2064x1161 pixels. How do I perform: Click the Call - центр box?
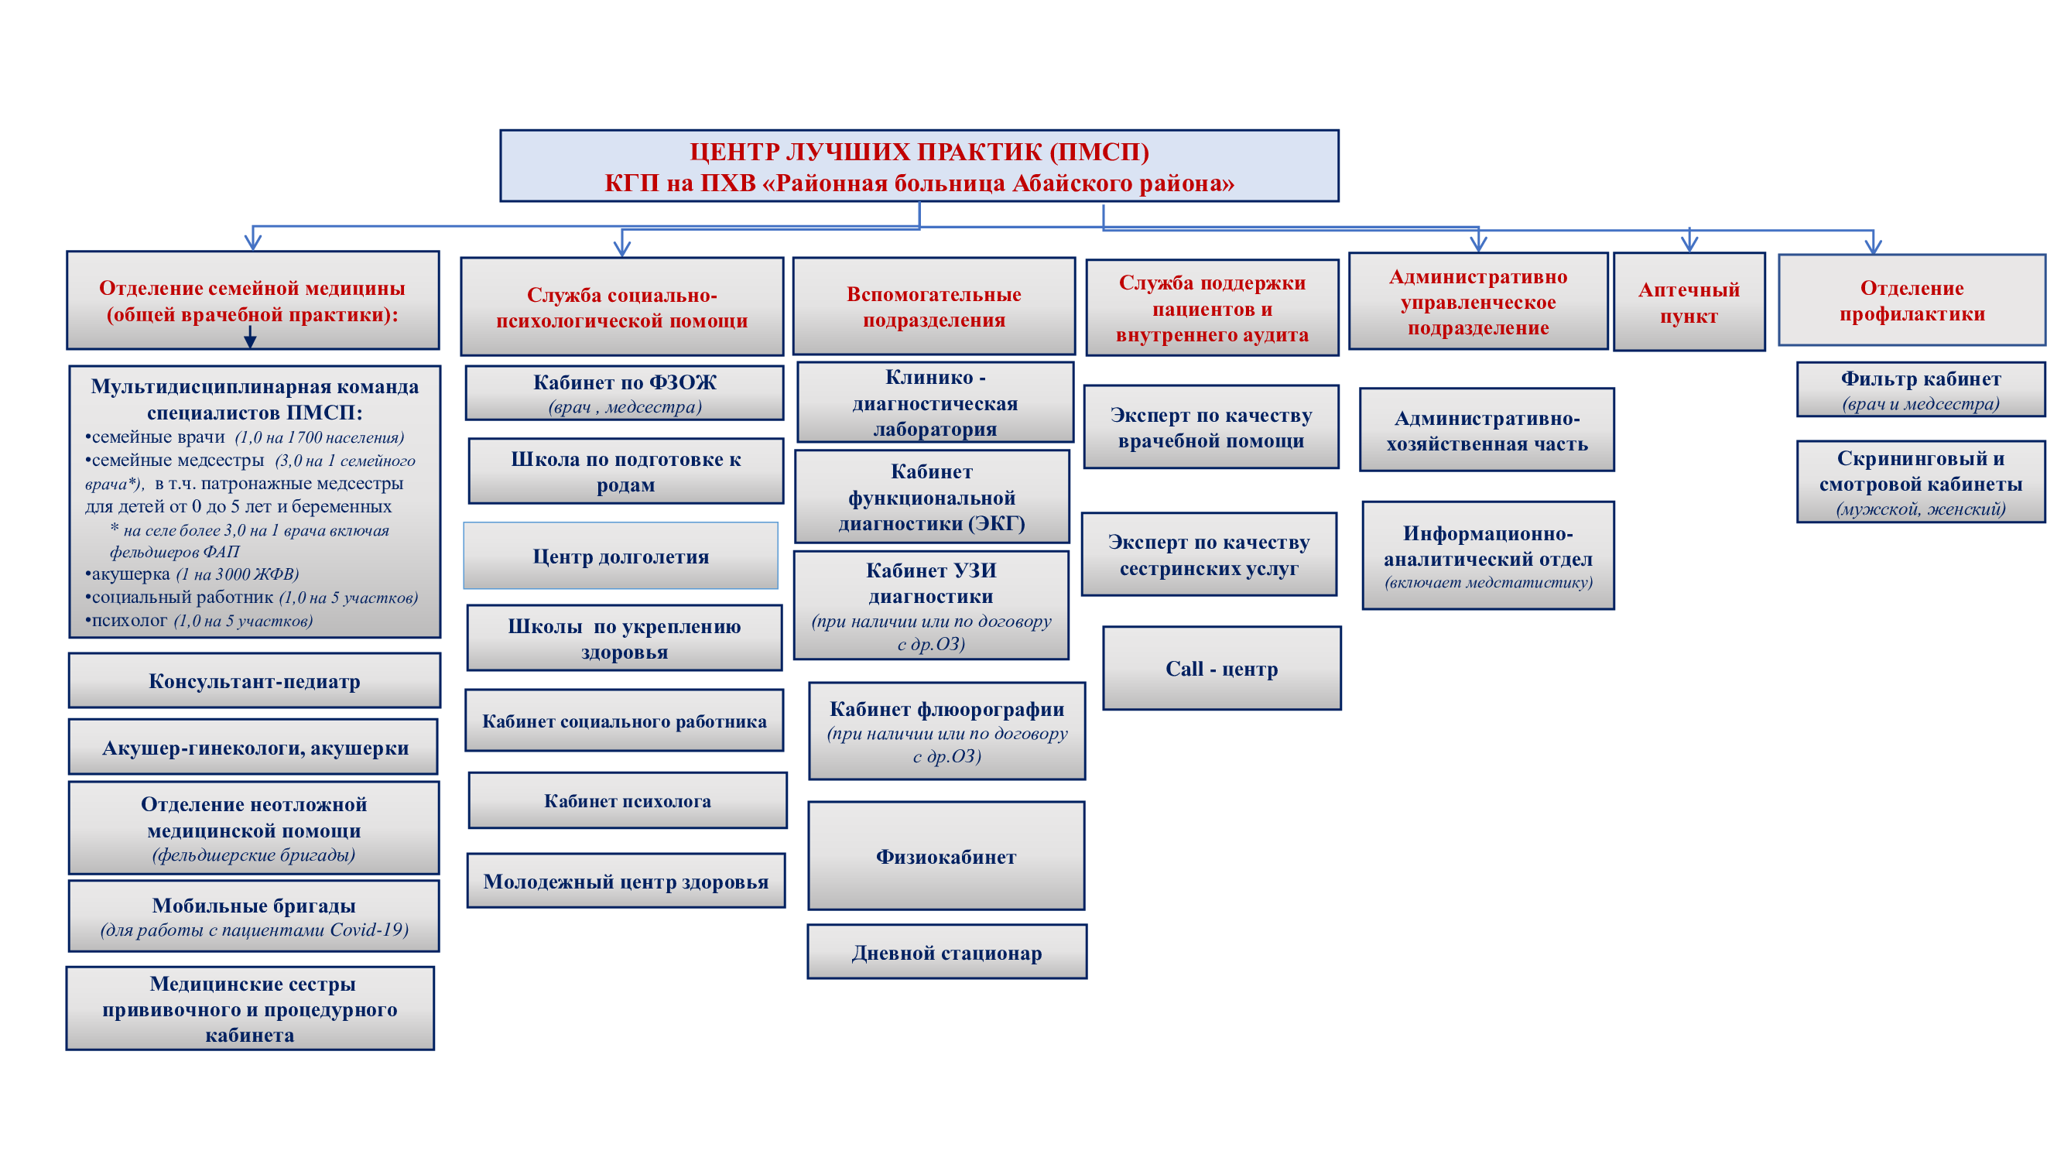[x=1221, y=668]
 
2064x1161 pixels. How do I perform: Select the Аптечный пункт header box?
[x=1689, y=301]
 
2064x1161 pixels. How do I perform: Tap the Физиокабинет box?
[x=946, y=856]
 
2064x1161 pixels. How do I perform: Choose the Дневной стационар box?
[x=947, y=952]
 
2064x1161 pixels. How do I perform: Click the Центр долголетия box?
[x=621, y=556]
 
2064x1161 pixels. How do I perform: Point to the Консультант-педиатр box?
[x=255, y=680]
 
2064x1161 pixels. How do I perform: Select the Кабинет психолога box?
[x=628, y=800]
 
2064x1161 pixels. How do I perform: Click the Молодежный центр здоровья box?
[x=626, y=881]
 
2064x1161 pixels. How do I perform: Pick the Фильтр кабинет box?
[x=1921, y=389]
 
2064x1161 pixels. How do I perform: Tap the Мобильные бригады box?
[x=254, y=916]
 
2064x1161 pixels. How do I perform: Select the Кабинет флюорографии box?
[x=947, y=731]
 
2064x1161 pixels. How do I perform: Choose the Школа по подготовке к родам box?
[x=626, y=471]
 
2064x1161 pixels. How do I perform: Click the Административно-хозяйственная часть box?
[x=1487, y=430]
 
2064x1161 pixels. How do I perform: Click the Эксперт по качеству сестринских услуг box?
[x=1209, y=554]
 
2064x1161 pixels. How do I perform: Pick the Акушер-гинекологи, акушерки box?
[x=254, y=747]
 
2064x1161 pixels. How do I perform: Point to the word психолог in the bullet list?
[x=129, y=620]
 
